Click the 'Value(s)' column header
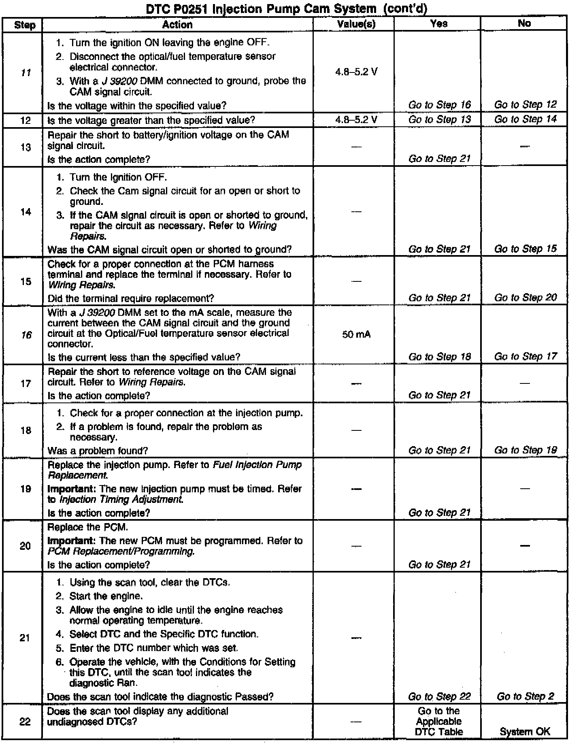(356, 24)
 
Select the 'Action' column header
(177, 25)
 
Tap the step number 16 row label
(26, 335)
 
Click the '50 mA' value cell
(356, 334)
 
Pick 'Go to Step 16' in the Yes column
(439, 105)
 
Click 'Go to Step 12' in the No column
(525, 104)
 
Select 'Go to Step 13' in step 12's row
(439, 119)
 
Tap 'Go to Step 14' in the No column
(525, 119)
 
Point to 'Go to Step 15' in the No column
(525, 249)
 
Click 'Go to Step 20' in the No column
(525, 298)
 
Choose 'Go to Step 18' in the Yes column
(439, 357)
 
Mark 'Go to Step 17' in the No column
(525, 356)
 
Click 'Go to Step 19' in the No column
(525, 450)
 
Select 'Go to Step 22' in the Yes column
(439, 696)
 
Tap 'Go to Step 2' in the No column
(525, 696)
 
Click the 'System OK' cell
(525, 731)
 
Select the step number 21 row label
(25, 638)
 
